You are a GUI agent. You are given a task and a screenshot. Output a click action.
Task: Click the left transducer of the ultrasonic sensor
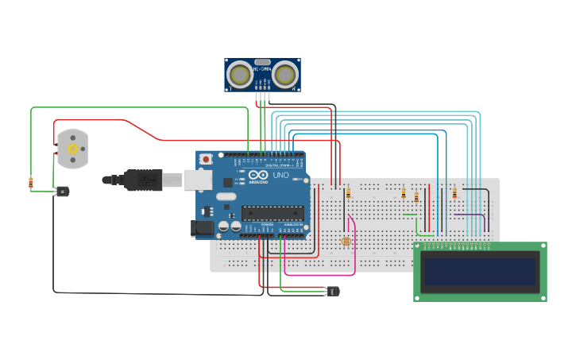click(x=239, y=75)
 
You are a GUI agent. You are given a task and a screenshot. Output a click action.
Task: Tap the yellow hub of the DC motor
click(x=73, y=149)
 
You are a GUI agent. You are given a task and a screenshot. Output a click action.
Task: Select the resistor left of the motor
click(x=31, y=183)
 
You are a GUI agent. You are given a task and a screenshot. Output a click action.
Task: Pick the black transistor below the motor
click(x=62, y=191)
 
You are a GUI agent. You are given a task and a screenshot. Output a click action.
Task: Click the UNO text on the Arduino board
click(x=280, y=175)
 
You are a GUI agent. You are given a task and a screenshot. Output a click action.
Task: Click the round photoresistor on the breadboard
click(x=345, y=242)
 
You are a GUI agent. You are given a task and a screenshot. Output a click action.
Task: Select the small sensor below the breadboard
click(x=332, y=292)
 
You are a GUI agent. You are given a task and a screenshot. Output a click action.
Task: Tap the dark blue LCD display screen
click(x=480, y=271)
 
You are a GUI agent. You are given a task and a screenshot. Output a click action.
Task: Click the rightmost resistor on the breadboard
click(x=454, y=192)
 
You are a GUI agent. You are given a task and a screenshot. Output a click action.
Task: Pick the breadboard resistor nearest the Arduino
click(x=347, y=192)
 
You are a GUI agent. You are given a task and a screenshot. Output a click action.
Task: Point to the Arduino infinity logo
click(x=259, y=175)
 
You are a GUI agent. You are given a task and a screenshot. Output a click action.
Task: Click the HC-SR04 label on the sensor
click(x=262, y=69)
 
